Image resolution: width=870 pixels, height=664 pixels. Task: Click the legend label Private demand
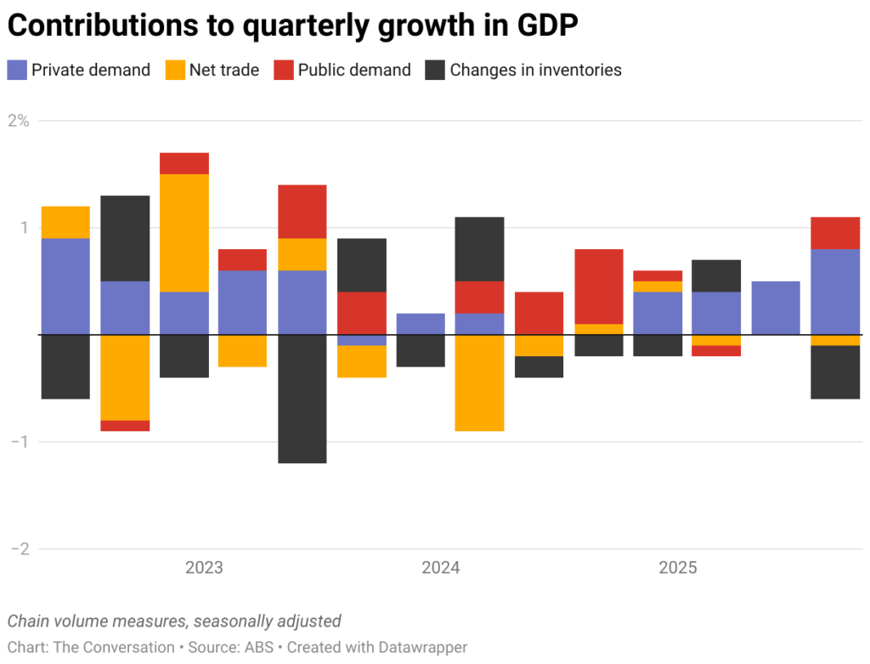[90, 70]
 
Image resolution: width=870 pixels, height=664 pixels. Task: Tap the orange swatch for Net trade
[174, 70]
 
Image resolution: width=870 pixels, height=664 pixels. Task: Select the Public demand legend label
[353, 70]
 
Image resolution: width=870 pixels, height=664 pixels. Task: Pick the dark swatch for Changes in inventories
[434, 70]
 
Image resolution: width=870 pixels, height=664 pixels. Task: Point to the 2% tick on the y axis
[19, 121]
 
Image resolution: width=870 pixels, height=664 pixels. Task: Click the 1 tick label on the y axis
[25, 228]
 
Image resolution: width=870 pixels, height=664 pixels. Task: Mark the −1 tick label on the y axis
[20, 442]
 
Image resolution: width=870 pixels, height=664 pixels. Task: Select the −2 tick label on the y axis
[20, 549]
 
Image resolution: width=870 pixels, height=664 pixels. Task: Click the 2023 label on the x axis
[204, 568]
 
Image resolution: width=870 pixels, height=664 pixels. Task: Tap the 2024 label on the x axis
[440, 568]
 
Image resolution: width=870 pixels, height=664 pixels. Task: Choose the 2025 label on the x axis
[677, 568]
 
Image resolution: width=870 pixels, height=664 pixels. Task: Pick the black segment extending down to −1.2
[302, 399]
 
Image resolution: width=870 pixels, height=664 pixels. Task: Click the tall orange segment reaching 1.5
[184, 233]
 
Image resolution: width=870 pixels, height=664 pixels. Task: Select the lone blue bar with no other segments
[776, 308]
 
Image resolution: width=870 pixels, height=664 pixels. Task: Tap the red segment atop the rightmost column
[834, 233]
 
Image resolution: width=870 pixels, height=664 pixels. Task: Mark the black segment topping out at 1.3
[125, 238]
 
